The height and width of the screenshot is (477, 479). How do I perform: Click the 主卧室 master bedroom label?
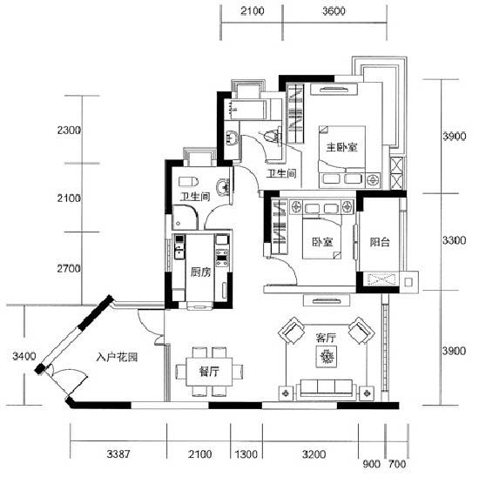coord(342,147)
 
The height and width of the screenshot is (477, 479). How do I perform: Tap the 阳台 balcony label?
coord(380,242)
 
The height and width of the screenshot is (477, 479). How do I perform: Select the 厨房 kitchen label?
coord(200,272)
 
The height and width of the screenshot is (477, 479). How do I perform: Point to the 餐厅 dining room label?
coord(209,372)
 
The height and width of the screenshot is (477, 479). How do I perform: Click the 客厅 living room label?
coord(326,338)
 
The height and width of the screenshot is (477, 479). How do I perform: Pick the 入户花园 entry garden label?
coord(117,357)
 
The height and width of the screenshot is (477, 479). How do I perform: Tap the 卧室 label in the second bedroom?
coord(322,242)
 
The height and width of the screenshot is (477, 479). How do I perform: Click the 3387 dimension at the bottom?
coord(118,454)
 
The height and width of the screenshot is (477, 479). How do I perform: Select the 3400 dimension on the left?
coord(24,356)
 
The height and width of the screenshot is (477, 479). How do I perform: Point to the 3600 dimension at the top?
coord(334,11)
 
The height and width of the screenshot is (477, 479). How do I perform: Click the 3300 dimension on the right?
coord(455,240)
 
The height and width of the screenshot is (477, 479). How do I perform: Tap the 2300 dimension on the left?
coord(69,131)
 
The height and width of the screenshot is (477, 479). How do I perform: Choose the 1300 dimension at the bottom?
coord(246,454)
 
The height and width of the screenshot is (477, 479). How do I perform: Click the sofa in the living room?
coord(326,389)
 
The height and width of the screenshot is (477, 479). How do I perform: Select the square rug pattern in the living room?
coord(327,357)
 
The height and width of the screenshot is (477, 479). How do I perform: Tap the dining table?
coord(209,372)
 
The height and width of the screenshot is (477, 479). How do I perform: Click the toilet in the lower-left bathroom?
coord(188,181)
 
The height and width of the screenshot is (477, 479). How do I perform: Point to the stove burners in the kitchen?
coord(222,257)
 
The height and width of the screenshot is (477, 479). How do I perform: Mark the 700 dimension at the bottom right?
coord(397,464)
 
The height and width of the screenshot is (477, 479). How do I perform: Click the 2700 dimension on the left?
coord(69,269)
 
